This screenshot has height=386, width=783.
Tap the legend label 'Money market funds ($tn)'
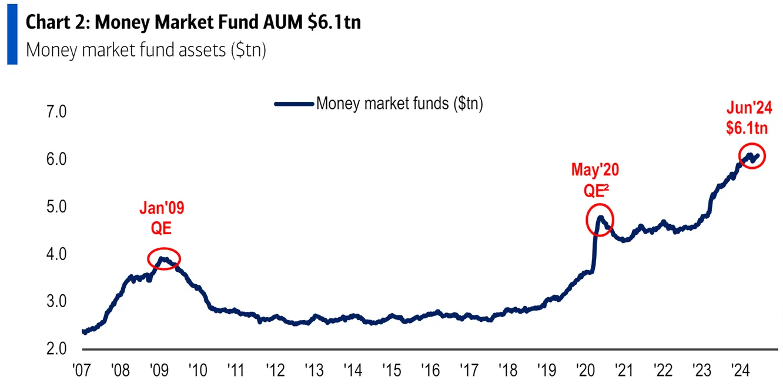point(400,104)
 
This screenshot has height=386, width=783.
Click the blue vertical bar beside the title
point(12,35)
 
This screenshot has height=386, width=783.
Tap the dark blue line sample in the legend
point(293,104)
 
